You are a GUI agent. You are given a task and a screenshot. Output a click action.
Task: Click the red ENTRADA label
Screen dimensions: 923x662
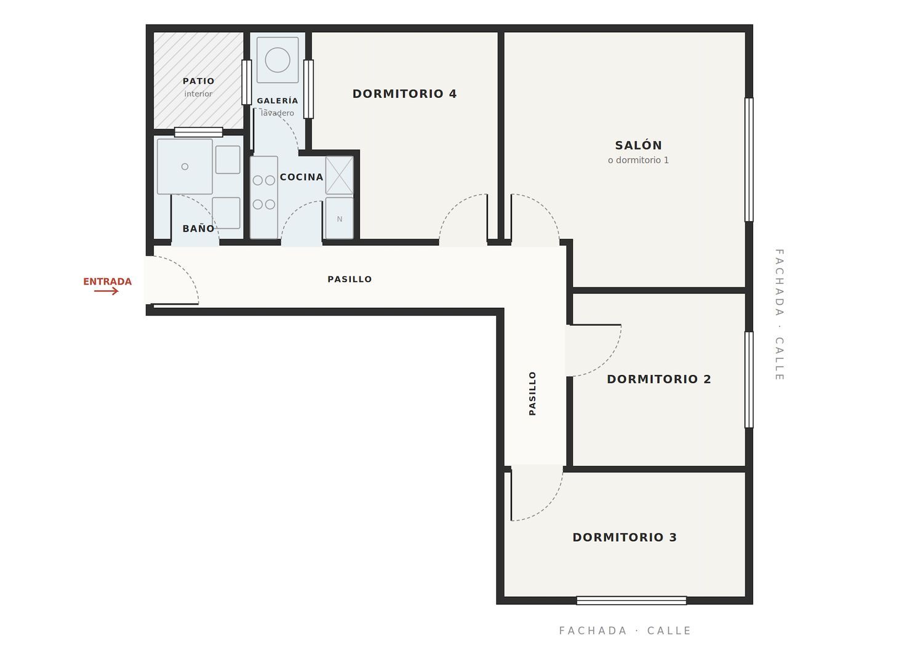[107, 281]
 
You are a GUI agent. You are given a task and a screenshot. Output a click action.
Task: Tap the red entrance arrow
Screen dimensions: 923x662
[106, 291]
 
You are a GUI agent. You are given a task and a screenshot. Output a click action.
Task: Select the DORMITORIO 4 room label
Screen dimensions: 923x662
[404, 94]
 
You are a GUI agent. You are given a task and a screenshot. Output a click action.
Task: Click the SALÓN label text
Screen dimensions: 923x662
[638, 145]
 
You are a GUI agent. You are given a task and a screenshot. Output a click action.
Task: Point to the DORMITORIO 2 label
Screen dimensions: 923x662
[659, 379]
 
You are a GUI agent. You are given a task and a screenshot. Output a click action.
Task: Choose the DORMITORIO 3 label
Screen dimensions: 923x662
[625, 537]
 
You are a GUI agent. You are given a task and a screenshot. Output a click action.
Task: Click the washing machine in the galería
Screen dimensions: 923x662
[278, 60]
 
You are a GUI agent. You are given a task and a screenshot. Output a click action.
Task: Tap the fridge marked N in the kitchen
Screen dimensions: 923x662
[339, 218]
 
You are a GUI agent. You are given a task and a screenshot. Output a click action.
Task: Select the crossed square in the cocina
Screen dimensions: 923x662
[340, 176]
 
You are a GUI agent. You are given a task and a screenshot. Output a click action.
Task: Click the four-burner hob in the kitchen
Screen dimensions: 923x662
[264, 192]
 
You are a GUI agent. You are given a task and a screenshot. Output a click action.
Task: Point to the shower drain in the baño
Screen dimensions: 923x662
[185, 167]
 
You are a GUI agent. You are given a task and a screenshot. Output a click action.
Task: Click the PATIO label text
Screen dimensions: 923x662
[199, 81]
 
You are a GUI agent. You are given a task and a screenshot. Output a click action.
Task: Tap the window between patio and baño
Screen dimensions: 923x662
[199, 132]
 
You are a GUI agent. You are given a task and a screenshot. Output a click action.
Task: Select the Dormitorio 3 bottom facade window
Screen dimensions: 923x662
[631, 600]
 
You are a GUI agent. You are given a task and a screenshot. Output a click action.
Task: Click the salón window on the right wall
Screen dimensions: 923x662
[749, 159]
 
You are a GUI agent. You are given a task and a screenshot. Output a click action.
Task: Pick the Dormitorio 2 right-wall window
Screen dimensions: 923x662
[749, 380]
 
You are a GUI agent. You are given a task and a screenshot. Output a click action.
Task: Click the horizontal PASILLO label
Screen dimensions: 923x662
[350, 279]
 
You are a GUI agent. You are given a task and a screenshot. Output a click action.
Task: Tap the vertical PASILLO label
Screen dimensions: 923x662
[532, 394]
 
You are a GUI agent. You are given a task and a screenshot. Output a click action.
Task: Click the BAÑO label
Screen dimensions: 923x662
[199, 228]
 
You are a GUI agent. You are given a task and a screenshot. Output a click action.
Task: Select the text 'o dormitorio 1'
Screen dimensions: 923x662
[638, 160]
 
